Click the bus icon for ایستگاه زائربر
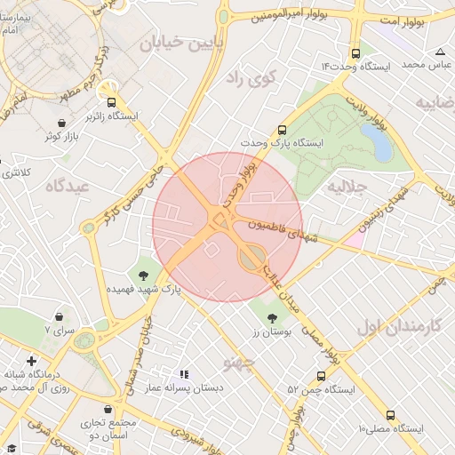pyautogui.click(x=111, y=101)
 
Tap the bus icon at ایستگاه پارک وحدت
pyautogui.click(x=283, y=129)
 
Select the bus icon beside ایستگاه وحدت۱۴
pyautogui.click(x=356, y=52)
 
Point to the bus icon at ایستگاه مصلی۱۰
pyautogui.click(x=391, y=415)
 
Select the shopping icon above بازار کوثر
pyautogui.click(x=60, y=124)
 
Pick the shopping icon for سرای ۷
pyautogui.click(x=60, y=315)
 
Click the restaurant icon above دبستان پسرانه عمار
pyautogui.click(x=185, y=375)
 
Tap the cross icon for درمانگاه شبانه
pyautogui.click(x=32, y=361)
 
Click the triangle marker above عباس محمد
pyautogui.click(x=441, y=52)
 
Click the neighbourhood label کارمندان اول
pyautogui.click(x=399, y=325)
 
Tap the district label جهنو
pyautogui.click(x=241, y=363)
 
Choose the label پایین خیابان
pyautogui.click(x=175, y=41)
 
